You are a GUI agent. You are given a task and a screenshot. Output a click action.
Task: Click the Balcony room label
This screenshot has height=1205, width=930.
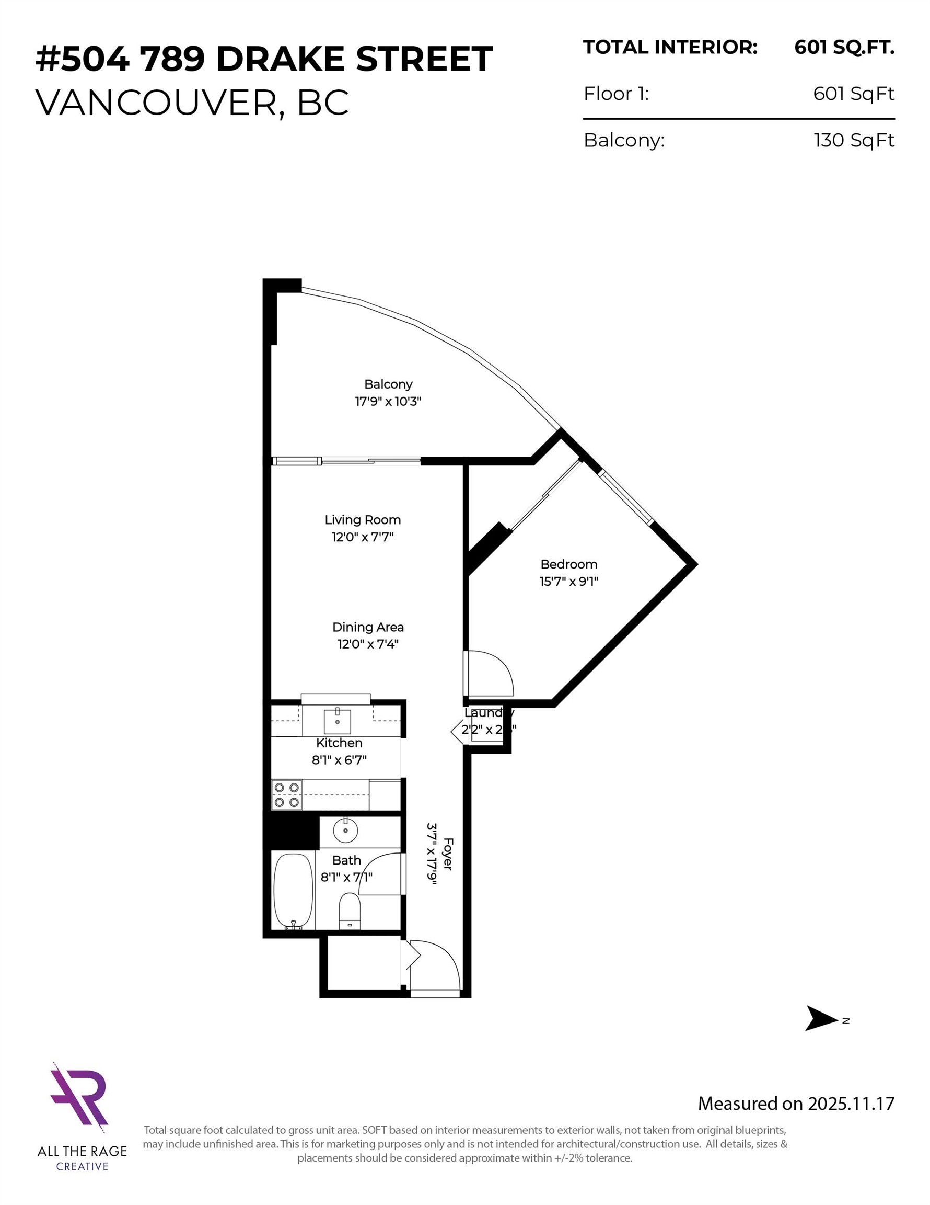click(388, 384)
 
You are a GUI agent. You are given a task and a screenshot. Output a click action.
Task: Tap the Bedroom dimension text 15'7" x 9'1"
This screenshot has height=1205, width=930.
click(568, 581)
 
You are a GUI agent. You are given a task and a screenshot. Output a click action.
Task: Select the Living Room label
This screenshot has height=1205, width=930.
click(362, 520)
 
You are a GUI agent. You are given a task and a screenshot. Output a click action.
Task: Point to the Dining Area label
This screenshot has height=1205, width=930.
click(368, 627)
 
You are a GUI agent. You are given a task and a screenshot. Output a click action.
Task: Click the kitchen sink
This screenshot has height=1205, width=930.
click(337, 720)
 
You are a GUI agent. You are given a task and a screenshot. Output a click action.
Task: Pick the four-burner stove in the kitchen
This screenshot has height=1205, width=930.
click(287, 794)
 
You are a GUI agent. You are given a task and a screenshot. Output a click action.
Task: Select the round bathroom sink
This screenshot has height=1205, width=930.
click(346, 831)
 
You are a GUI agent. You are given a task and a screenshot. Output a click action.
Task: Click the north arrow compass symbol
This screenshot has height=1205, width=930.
click(821, 1018)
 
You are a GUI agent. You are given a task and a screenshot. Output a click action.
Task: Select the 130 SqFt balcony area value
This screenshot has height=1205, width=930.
click(853, 140)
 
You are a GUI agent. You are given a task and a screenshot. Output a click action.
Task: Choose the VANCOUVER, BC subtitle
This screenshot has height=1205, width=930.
click(192, 102)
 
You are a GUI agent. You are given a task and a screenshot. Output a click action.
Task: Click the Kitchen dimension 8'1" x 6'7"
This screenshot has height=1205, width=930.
click(339, 760)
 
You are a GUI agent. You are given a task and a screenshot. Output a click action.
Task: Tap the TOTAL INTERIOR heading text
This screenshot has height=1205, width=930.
click(670, 48)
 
